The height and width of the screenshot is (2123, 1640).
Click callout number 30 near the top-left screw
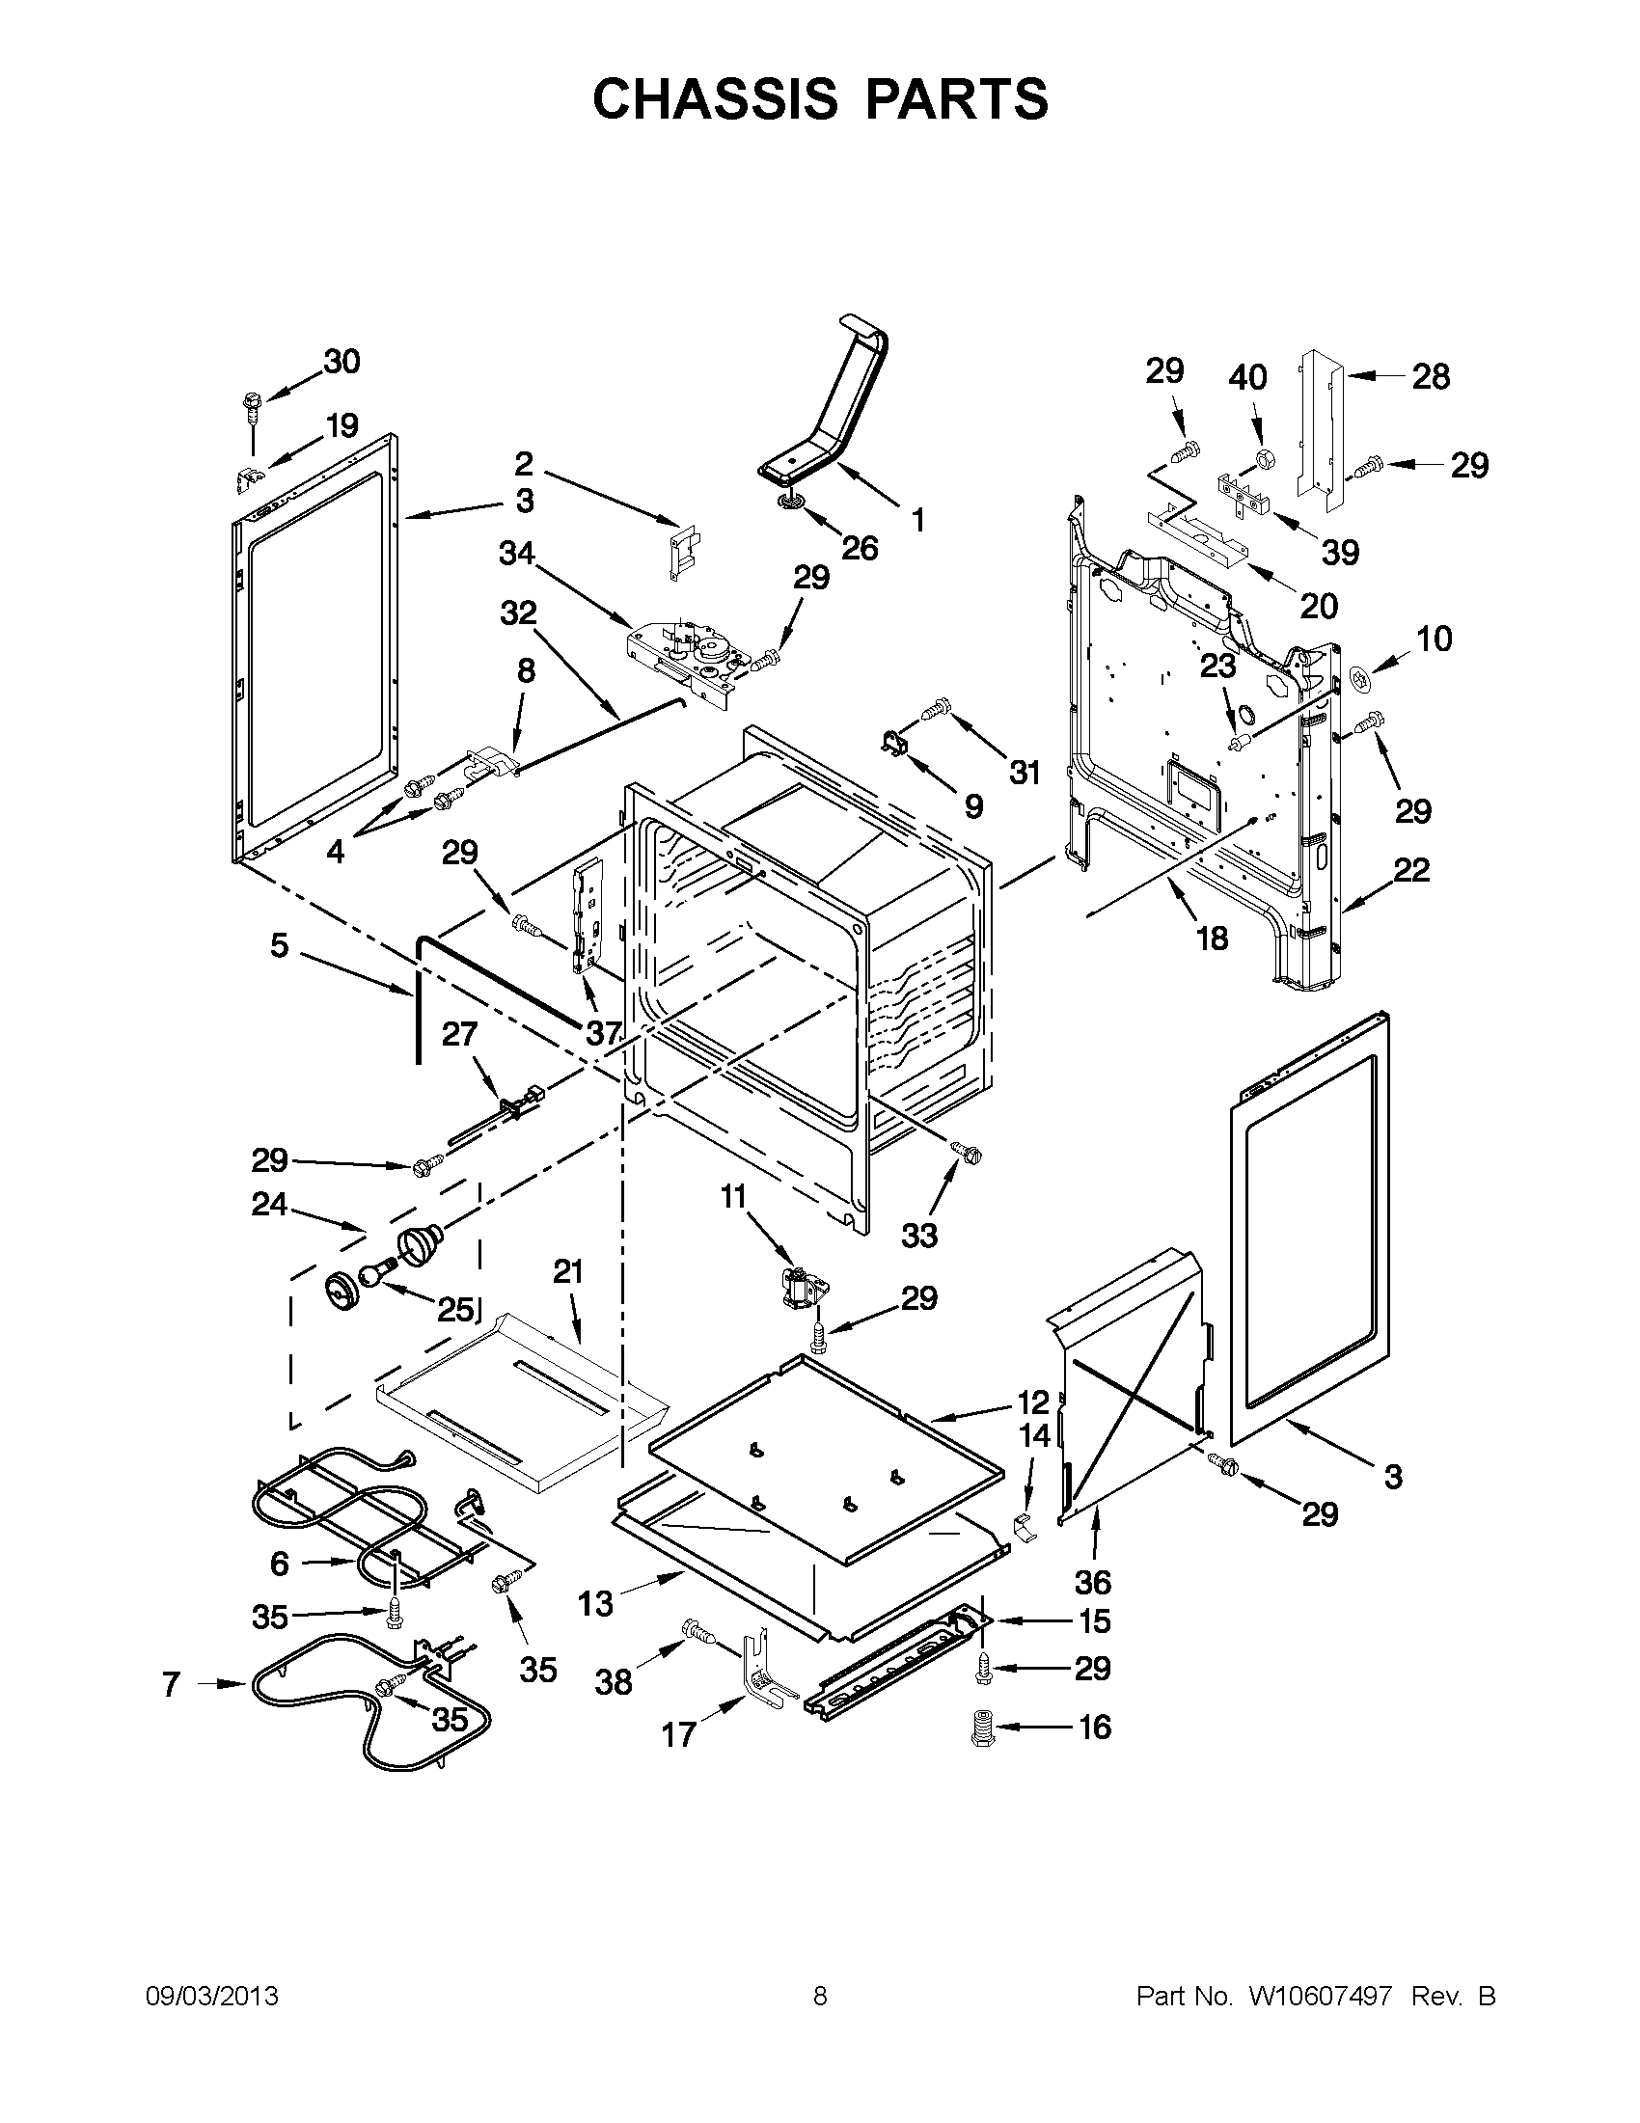click(x=342, y=362)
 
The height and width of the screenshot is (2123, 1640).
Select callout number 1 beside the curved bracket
click(x=916, y=520)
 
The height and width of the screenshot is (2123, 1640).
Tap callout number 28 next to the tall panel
click(x=1430, y=376)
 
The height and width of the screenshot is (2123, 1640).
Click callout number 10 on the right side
click(x=1435, y=639)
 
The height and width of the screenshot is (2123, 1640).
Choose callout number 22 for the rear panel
click(x=1411, y=870)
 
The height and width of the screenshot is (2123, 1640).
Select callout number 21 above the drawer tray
click(x=568, y=1271)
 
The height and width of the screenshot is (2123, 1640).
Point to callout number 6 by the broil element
click(x=279, y=1564)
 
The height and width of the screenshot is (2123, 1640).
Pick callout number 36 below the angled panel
click(x=1093, y=1583)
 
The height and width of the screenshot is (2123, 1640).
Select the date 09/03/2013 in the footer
click(x=212, y=1997)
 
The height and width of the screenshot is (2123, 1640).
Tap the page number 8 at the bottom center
click(x=819, y=1997)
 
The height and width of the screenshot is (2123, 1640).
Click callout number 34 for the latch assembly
click(x=517, y=553)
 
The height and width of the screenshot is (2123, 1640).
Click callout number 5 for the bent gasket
click(x=279, y=945)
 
